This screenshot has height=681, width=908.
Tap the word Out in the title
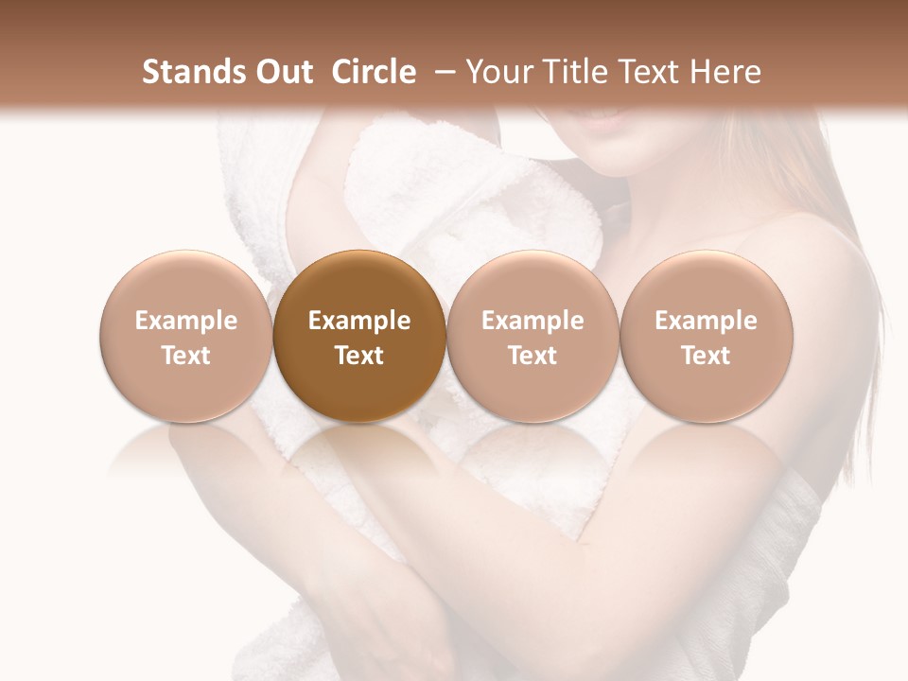coord(282,72)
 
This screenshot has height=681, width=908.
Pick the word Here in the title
coord(725,72)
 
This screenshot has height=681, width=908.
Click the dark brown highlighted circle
coord(359,337)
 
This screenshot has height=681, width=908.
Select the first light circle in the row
coord(186,337)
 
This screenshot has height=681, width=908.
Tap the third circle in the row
coord(533,337)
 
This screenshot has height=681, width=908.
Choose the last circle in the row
coord(707,337)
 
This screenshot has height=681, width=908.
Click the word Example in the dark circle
coord(359,321)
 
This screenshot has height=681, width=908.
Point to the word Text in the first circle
coord(186,356)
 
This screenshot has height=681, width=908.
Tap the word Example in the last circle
coord(707,321)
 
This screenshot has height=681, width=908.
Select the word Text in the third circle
coord(533,356)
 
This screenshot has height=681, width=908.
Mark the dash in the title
coord(442,73)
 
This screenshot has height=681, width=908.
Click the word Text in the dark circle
coord(359,356)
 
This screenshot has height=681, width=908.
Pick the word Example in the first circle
coord(186,321)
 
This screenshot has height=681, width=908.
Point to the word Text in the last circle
coord(707,356)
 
